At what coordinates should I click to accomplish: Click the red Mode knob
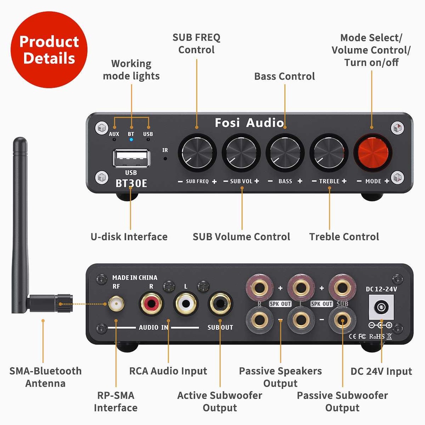372,152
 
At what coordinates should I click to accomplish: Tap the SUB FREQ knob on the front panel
198,152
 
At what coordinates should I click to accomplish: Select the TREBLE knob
329,152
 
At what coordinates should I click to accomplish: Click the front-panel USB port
131,158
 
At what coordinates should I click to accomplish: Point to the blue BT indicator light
131,139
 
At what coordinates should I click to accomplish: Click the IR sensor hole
165,158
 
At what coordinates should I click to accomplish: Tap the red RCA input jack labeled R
151,304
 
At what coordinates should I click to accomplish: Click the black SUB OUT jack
220,304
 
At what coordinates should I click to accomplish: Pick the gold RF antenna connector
116,305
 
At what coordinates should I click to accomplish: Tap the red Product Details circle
49,50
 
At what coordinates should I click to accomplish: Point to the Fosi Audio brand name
249,123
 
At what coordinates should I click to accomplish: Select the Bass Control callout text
285,76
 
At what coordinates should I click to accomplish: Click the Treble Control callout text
344,237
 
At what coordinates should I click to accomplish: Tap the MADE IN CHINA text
135,278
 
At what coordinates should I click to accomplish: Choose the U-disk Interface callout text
129,237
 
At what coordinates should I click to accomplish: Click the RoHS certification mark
376,336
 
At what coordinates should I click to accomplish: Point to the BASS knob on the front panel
285,152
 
